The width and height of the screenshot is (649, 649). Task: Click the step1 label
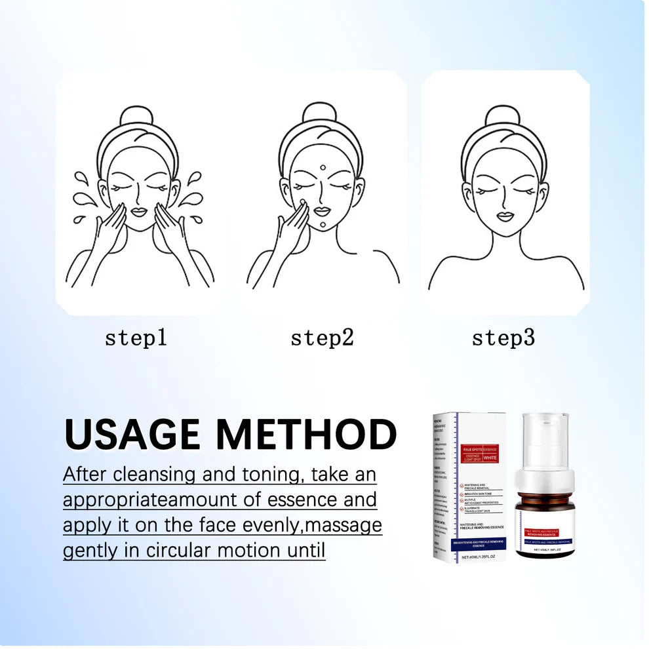[136, 338]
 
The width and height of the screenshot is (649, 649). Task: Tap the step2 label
[322, 338]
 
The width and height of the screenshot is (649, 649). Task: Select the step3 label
[503, 338]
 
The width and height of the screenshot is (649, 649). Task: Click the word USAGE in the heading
[134, 435]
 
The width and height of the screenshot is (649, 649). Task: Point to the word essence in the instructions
[304, 500]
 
